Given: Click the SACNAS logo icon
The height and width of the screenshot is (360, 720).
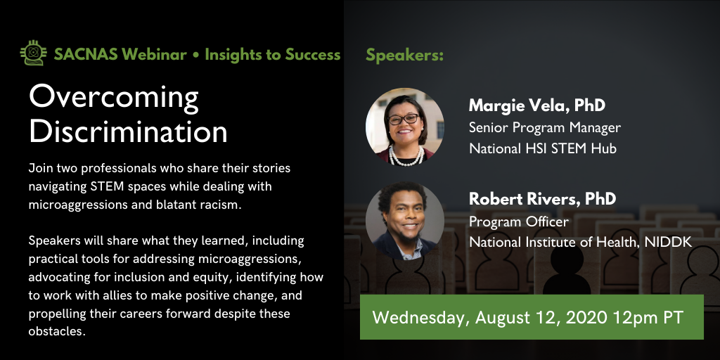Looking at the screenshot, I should [x=32, y=54].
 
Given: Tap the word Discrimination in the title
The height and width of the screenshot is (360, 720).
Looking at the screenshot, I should [x=128, y=131].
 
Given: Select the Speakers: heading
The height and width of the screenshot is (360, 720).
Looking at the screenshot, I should [x=404, y=55].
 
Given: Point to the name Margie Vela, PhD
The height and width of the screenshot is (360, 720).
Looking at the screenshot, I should [x=537, y=106].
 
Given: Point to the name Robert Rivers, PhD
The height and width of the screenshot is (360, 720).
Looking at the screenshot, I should [x=542, y=199].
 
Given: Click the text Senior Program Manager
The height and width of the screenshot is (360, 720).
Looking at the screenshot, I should [x=544, y=127].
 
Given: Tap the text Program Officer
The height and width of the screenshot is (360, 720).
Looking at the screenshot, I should [x=518, y=221].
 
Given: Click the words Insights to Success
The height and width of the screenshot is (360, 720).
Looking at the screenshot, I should [x=273, y=55].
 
